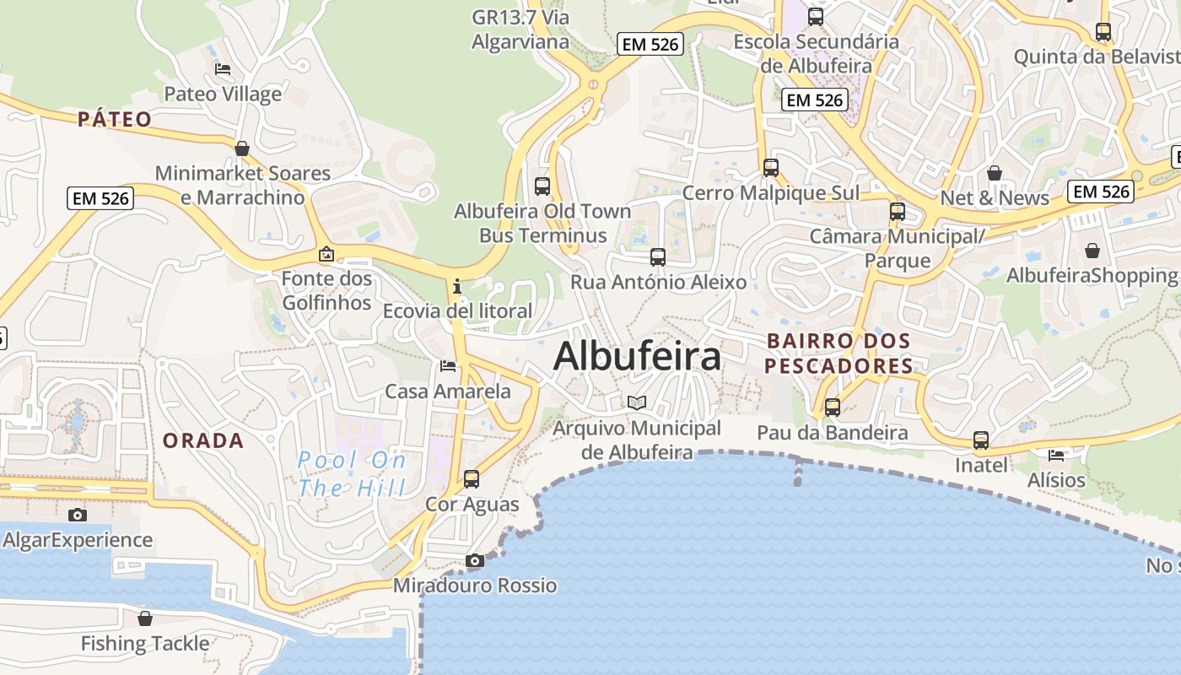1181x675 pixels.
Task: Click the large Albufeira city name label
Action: coord(637,356)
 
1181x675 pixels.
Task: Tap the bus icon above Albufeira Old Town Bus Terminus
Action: coord(542,186)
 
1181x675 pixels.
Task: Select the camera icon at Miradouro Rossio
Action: coord(475,560)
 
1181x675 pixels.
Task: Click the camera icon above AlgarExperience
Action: coord(78,515)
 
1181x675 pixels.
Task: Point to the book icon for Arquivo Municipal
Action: coord(637,403)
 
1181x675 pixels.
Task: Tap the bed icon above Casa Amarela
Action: coord(448,366)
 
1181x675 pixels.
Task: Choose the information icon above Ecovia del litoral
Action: coord(457,286)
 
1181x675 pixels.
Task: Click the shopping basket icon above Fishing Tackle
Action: coord(145,618)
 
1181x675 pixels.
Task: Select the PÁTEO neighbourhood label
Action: coord(115,119)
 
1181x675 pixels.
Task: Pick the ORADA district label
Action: coord(203,440)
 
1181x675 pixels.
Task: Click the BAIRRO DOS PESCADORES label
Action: coord(839,354)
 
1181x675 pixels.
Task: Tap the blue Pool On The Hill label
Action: coord(352,473)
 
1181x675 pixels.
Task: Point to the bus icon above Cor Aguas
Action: coord(472,479)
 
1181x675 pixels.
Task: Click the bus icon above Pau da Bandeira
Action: coord(833,408)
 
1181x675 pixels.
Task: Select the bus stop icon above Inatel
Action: coord(980,440)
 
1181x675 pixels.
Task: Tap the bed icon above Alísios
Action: coord(1056,456)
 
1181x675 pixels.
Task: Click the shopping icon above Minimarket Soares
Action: coord(242,148)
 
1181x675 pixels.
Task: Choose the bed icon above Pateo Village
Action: coord(223,68)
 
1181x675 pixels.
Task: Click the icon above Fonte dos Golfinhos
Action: coord(326,253)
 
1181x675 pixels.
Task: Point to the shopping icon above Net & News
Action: coord(995,173)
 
